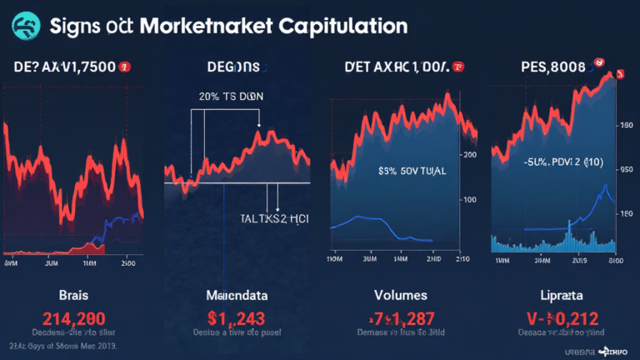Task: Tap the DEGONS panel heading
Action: pyautogui.click(x=233, y=67)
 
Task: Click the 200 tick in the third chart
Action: pyautogui.click(x=469, y=154)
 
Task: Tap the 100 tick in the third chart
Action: pyautogui.click(x=469, y=199)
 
